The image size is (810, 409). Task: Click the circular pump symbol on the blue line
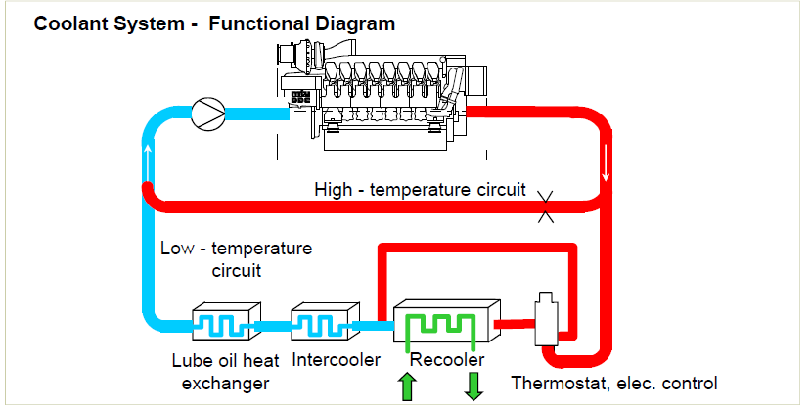[x=206, y=114]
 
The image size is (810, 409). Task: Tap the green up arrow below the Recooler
[x=407, y=386]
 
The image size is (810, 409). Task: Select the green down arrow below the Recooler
[x=474, y=385]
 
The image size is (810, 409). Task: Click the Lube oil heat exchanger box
[x=224, y=321]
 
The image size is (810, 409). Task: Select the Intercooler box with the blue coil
[x=321, y=321]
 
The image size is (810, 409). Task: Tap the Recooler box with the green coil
[x=441, y=323]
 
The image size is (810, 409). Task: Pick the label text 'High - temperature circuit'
[x=421, y=188]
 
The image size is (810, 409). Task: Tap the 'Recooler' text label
[x=440, y=359]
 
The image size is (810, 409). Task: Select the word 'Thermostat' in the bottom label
[x=557, y=382]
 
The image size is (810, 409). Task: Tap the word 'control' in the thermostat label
[x=689, y=382]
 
